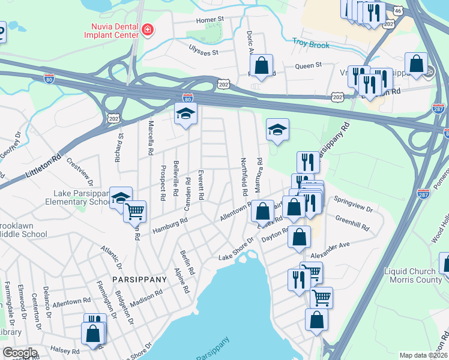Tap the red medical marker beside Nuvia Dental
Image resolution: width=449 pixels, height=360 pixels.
tap(147, 29)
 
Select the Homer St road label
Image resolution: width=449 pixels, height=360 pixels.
tap(209, 20)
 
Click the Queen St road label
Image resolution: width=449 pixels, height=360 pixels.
tap(308, 65)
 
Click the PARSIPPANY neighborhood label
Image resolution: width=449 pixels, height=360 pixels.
tap(139, 280)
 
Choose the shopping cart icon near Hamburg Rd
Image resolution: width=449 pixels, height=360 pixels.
tap(135, 211)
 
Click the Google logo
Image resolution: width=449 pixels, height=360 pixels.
tap(20, 353)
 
